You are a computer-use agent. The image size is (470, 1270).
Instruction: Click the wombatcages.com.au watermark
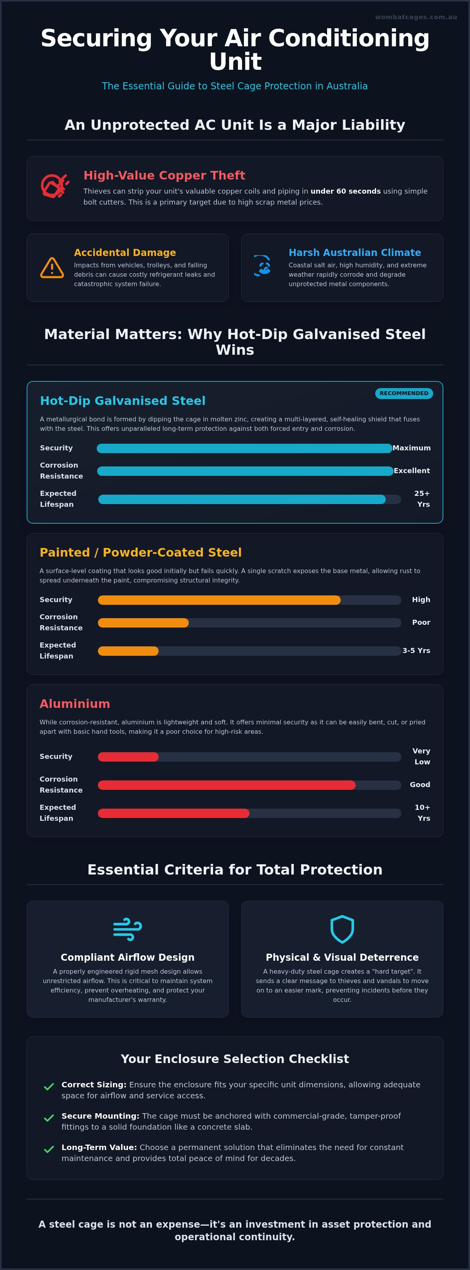click(416, 17)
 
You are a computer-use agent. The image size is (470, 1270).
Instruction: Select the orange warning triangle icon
click(52, 268)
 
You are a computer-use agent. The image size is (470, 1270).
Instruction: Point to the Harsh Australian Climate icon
click(262, 266)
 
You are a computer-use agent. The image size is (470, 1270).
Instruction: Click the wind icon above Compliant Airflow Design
click(128, 929)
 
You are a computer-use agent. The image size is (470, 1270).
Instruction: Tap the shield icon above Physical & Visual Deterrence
click(342, 929)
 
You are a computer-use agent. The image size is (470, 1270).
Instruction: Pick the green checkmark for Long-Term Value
click(49, 1149)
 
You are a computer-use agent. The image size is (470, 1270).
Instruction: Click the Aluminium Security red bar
click(128, 757)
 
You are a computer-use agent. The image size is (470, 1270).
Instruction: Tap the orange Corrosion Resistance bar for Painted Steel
click(143, 623)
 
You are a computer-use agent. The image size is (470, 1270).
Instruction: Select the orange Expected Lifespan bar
click(128, 651)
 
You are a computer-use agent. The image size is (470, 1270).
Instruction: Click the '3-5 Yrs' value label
click(416, 651)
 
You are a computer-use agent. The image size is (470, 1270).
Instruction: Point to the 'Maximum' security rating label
click(411, 448)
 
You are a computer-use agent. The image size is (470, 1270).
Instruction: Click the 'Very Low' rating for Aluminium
click(421, 756)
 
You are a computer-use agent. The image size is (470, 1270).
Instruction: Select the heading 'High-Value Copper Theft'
click(164, 175)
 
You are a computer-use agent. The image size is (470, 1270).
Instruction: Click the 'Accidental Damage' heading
click(125, 252)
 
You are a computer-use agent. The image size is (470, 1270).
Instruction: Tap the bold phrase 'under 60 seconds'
click(345, 191)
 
